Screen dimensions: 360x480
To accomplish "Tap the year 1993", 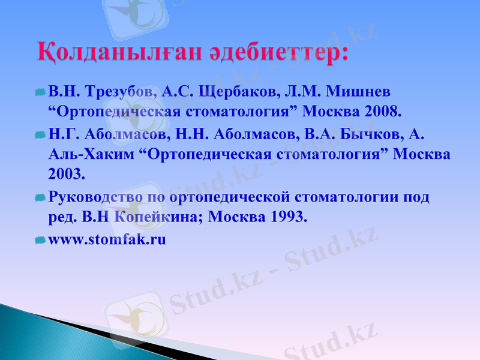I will [x=287, y=217].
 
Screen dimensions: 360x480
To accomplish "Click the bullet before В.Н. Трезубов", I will [x=40, y=92].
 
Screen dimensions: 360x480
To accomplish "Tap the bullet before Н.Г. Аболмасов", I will [x=40, y=134].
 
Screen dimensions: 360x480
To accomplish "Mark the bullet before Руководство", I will [x=40, y=197].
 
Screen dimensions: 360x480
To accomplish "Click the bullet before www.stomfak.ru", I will [x=40, y=240].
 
